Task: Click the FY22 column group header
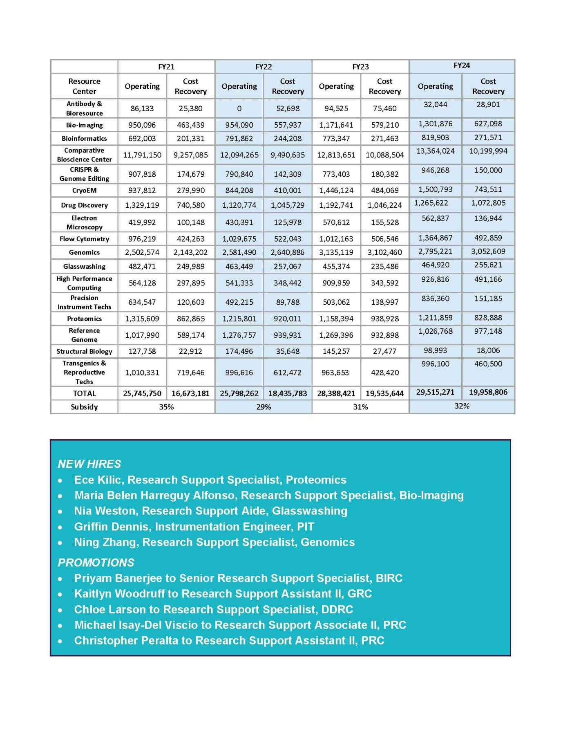[264, 67]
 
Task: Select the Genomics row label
[84, 252]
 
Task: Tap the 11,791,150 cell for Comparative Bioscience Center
[142, 155]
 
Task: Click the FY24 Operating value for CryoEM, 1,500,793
[435, 189]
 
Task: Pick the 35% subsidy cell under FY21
[166, 407]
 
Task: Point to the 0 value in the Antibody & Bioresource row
[239, 108]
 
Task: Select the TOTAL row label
[84, 393]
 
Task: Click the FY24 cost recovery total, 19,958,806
[488, 392]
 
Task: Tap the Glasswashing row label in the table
[84, 266]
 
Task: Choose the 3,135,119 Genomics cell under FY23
[336, 252]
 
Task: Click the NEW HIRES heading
[89, 464]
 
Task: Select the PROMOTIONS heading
[96, 562]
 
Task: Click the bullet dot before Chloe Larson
[60, 610]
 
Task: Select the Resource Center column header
[84, 86]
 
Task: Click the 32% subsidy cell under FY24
[462, 406]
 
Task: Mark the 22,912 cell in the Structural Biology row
[190, 351]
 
